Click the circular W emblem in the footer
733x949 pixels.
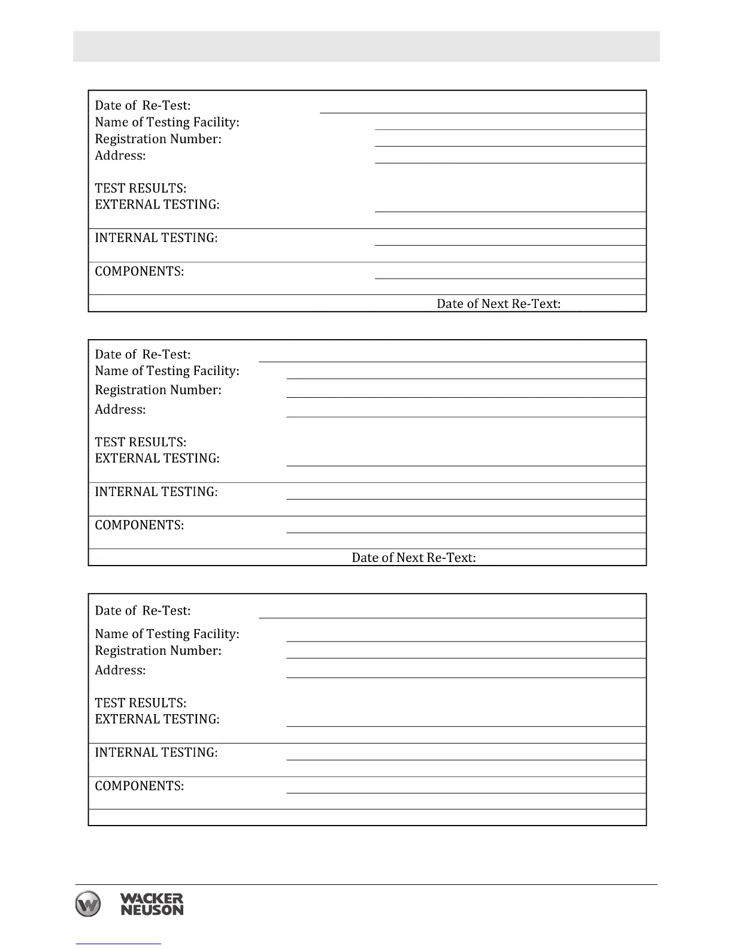(88, 903)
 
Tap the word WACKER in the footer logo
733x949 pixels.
(152, 899)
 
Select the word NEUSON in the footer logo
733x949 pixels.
(152, 910)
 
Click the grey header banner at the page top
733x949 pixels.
(366, 46)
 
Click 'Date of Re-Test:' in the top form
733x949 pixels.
(143, 105)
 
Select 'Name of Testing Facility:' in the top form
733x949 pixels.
(166, 122)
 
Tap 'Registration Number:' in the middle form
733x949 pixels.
(157, 390)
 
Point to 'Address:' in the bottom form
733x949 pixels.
(120, 670)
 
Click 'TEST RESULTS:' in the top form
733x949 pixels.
(140, 188)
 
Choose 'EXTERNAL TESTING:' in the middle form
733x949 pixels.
(157, 458)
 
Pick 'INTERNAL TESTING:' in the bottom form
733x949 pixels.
(156, 752)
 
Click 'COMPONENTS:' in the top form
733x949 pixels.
(139, 271)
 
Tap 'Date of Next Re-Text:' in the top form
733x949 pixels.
(498, 304)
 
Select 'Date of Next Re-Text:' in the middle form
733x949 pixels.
(413, 558)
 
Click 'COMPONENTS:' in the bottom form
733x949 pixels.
(139, 786)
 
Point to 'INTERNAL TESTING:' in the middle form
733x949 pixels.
(156, 492)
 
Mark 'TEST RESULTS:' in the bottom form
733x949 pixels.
(140, 703)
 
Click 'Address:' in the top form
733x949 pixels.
(120, 156)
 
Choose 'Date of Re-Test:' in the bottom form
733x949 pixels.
(143, 610)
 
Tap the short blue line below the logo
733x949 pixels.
(118, 944)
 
